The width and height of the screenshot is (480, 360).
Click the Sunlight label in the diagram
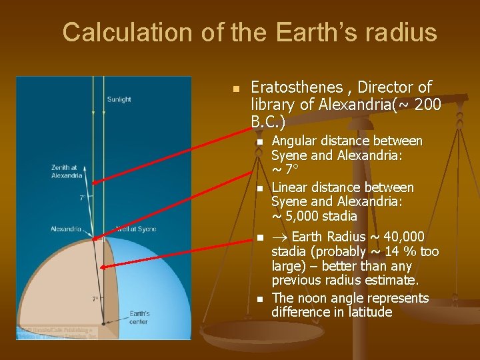coord(119,100)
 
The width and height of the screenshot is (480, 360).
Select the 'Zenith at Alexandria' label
coord(67,171)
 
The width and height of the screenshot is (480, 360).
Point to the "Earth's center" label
coord(139,317)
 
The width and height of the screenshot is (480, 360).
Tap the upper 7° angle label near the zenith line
coord(82,197)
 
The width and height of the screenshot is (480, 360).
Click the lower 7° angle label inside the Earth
coord(95,299)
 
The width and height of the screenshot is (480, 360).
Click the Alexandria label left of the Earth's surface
coord(65,229)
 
